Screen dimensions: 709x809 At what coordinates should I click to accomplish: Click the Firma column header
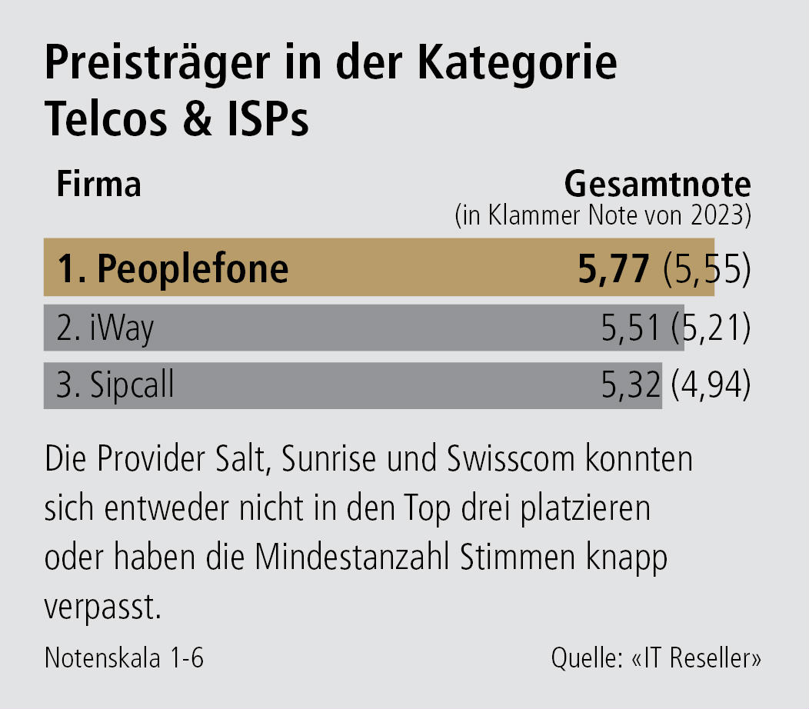pyautogui.click(x=99, y=185)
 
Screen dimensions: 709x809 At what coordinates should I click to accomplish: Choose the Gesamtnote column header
pyautogui.click(x=658, y=185)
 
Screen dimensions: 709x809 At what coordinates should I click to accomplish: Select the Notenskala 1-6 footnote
pyautogui.click(x=125, y=659)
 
